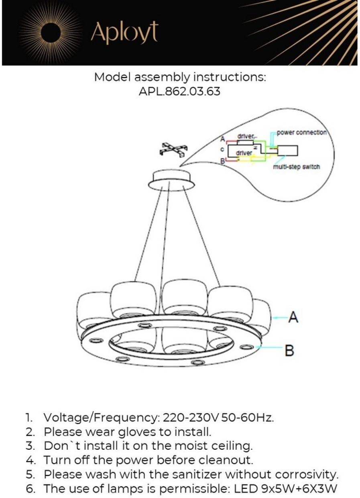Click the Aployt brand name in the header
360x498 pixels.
coord(124,33)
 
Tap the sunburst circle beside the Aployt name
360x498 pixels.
coord(51,33)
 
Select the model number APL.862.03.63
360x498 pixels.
coord(179,91)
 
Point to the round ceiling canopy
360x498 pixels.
coord(171,180)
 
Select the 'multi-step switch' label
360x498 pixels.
coord(296,167)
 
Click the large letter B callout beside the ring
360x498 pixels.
coord(289,350)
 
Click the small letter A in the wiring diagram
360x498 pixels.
coord(222,139)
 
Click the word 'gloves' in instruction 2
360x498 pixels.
coord(135,432)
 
